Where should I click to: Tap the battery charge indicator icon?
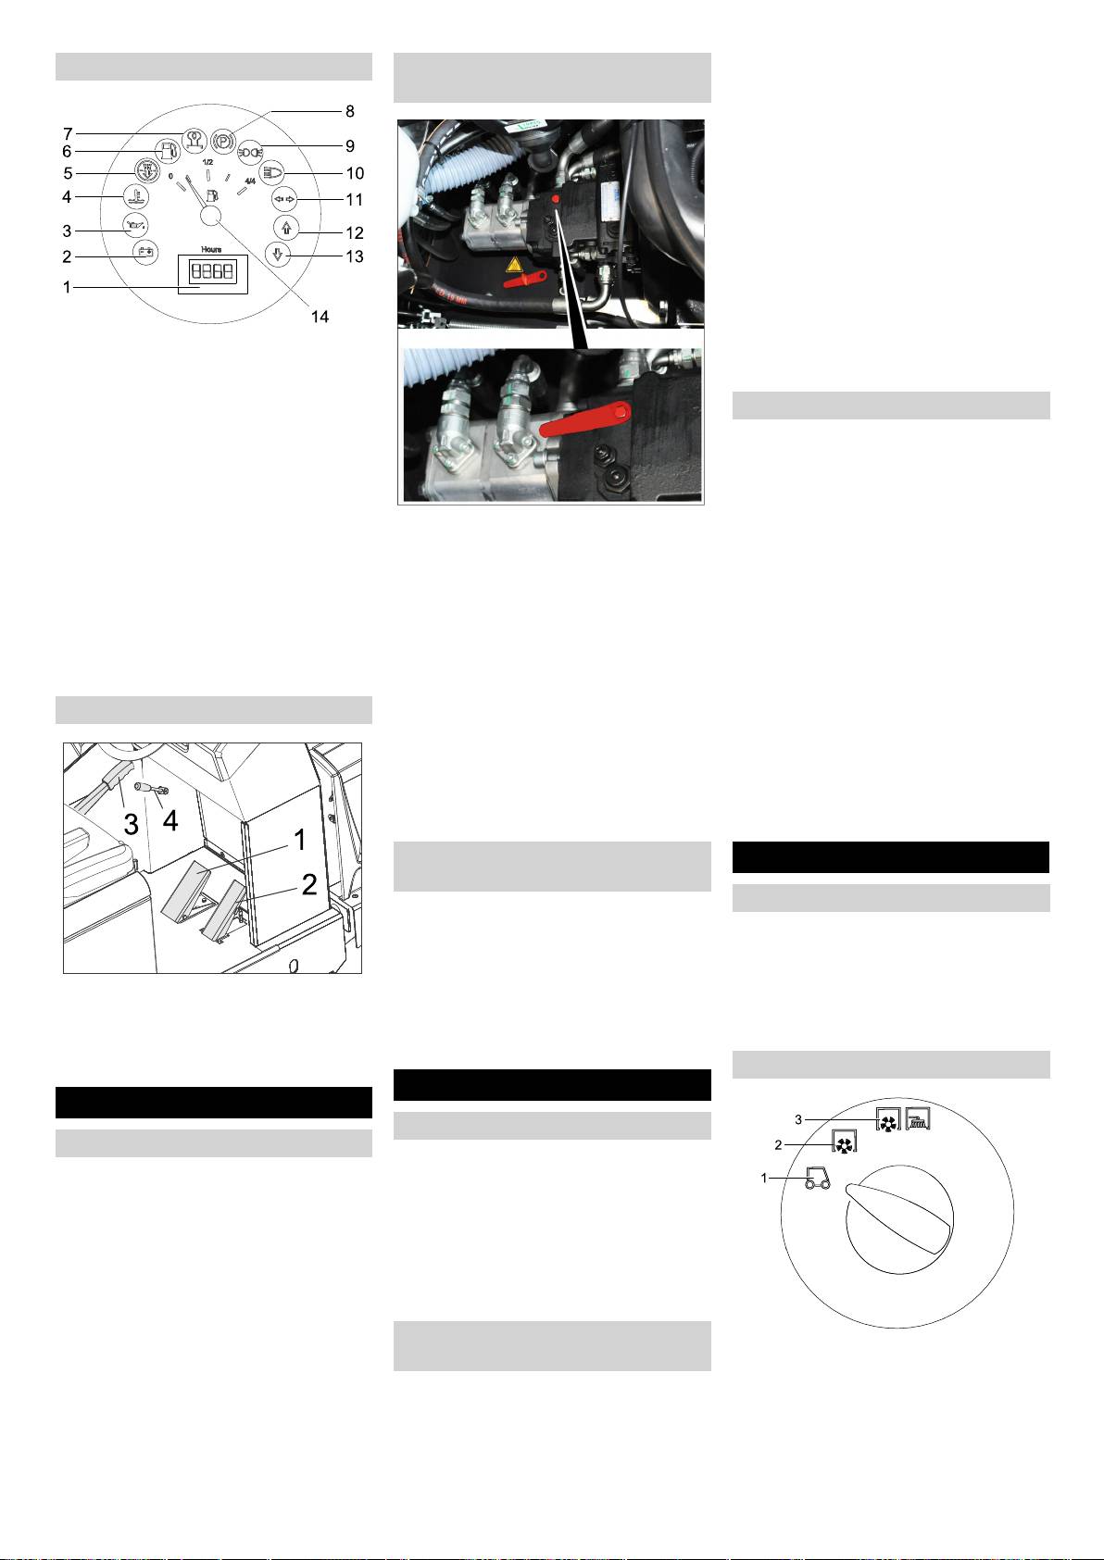coord(144,252)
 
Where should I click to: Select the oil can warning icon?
coord(135,225)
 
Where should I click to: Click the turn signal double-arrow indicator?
coord(284,199)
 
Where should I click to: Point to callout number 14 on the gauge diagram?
coord(320,317)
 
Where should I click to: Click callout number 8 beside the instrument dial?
coord(350,111)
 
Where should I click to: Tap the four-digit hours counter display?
coord(212,271)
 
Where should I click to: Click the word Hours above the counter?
coord(211,249)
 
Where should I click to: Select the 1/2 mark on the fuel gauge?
coord(207,162)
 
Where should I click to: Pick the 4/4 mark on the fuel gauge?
coord(250,181)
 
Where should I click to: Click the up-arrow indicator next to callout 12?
coord(286,227)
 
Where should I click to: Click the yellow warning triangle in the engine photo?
coord(514,265)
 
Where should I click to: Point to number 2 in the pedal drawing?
coord(309,884)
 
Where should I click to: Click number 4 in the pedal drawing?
coord(170,820)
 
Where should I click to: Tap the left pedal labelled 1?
coord(187,891)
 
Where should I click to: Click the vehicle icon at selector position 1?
coord(818,1178)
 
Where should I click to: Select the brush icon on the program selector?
coord(918,1119)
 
